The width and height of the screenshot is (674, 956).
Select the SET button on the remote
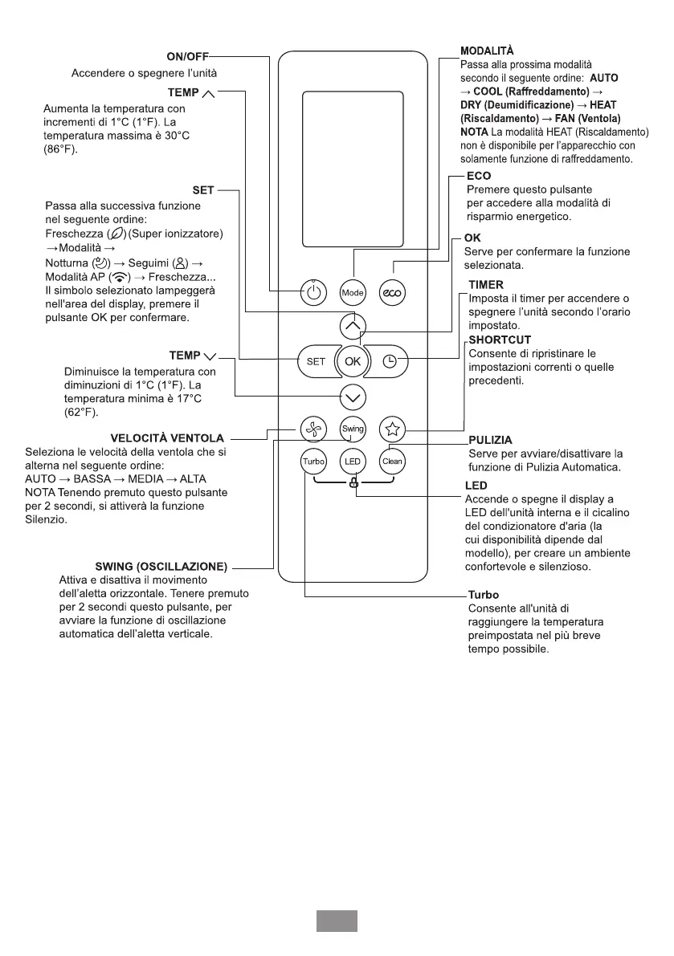point(316,361)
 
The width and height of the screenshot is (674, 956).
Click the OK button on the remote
point(353,361)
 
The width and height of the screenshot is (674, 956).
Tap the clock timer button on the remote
point(390,361)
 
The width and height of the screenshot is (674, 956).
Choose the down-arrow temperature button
point(353,397)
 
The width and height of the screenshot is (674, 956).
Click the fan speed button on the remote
point(313,429)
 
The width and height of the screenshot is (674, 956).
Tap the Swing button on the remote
point(353,429)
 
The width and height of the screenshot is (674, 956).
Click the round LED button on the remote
point(353,462)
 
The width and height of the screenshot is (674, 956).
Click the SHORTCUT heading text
point(500,340)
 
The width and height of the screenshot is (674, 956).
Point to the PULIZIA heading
point(489,441)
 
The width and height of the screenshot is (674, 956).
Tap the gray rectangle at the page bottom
point(336,921)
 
